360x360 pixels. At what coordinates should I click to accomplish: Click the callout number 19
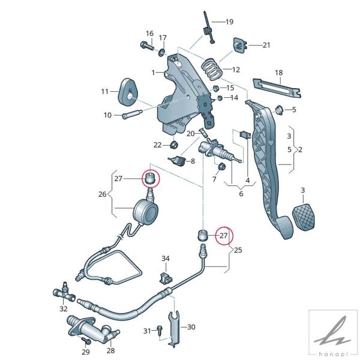point(229,22)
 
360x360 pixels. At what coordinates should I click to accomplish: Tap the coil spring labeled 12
point(212,69)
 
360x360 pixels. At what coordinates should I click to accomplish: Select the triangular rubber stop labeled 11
point(128,92)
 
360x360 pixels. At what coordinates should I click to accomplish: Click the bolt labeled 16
point(147,46)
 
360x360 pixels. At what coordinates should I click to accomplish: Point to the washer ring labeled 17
point(161,52)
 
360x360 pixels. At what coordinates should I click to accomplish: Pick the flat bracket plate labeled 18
point(277,88)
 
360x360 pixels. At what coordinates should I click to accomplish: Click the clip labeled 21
point(240,45)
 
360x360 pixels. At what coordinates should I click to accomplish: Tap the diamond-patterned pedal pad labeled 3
point(304,217)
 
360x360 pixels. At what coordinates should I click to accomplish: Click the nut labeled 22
point(174,145)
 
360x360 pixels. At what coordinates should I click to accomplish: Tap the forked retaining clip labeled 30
point(174,327)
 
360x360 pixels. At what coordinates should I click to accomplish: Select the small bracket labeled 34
point(166,278)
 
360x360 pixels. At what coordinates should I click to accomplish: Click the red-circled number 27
point(224,236)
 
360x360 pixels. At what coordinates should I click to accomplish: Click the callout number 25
point(238,250)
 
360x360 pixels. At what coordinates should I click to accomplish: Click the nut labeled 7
point(221,166)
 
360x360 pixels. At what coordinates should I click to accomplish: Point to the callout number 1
point(153,73)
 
